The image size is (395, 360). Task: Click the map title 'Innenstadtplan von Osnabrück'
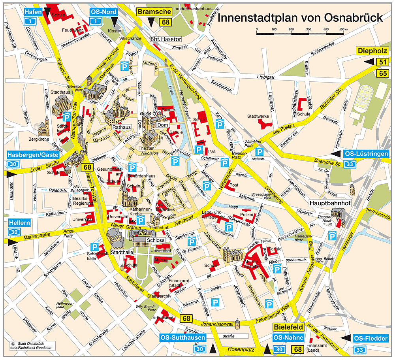point(300,18)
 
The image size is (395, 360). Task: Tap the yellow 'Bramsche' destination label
point(154,12)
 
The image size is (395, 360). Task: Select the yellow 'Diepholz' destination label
point(372,51)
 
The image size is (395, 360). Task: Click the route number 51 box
point(382,62)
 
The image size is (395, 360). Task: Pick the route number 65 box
point(382,73)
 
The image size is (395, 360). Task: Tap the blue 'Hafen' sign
point(33,12)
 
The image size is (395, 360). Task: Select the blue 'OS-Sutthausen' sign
point(183,338)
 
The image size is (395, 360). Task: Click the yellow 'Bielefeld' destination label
point(288,327)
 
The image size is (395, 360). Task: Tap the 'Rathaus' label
point(121,127)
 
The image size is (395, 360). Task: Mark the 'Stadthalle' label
point(122,252)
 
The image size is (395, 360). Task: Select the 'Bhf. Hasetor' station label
point(166,39)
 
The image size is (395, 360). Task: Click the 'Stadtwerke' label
point(258,117)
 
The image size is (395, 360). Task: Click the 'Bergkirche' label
point(38,139)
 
